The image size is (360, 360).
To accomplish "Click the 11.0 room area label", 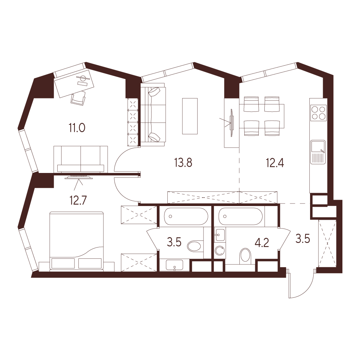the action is point(77,128).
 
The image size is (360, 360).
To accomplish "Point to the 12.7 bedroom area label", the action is point(78,200).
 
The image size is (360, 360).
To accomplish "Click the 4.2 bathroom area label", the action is point(262,243).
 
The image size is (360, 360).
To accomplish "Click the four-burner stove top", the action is point(318,113).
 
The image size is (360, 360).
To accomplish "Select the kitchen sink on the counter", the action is point(318,152).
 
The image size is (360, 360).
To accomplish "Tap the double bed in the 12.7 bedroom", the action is point(77,241).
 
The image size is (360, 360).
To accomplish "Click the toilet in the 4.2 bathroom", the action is point(245,256).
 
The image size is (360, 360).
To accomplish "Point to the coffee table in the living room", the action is point(190,116).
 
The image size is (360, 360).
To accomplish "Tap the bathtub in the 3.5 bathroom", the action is point(186,216).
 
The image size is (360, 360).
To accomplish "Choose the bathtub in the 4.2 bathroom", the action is point(240,216).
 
